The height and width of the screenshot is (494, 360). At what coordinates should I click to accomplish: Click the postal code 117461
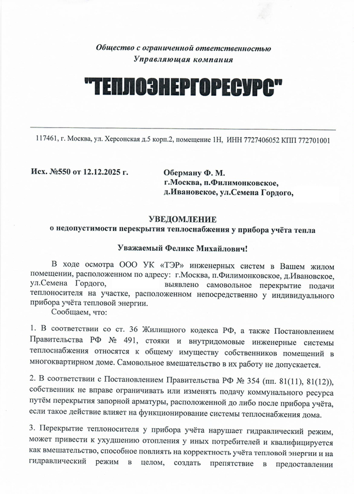coord(45,139)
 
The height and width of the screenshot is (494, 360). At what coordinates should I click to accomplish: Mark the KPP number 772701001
coord(313,139)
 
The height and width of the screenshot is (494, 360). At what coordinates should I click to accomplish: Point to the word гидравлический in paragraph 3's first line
coord(278,429)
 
